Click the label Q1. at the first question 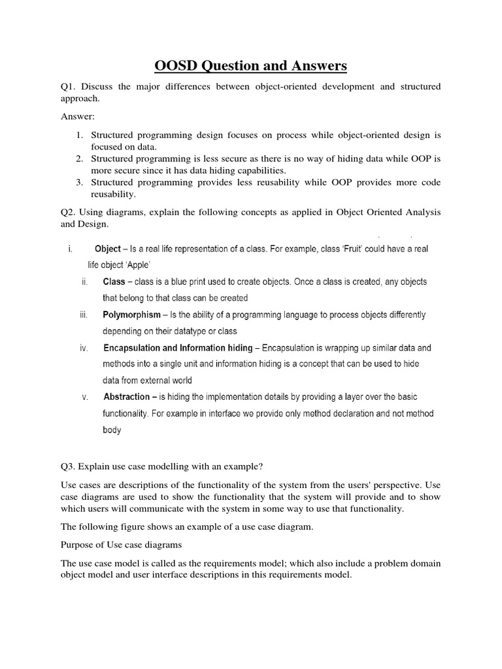(x=69, y=87)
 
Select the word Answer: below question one (x=78, y=117)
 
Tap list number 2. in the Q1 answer (x=78, y=159)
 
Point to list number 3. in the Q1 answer (x=78, y=182)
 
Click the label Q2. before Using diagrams (x=69, y=212)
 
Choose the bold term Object (x=108, y=249)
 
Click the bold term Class (x=114, y=282)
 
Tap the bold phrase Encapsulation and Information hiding (x=177, y=348)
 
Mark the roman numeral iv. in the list (x=84, y=348)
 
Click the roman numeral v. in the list (x=85, y=397)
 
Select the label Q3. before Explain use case (x=69, y=466)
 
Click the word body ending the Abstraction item (x=112, y=430)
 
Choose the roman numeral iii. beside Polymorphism (x=84, y=315)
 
